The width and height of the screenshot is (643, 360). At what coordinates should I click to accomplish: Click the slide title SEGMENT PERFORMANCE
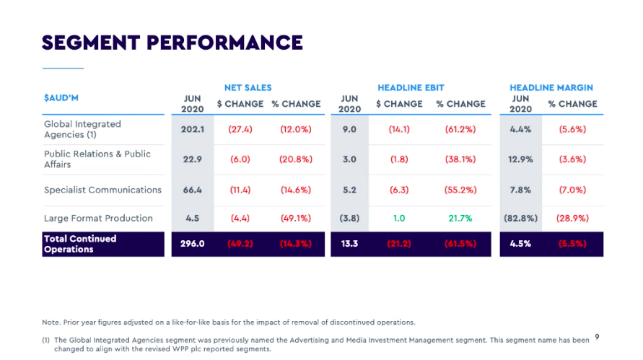coord(172,43)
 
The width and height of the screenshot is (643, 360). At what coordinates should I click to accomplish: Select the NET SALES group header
coord(248,88)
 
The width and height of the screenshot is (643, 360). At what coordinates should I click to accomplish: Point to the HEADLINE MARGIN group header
coord(551,88)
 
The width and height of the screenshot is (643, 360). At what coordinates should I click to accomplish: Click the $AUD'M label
coord(61,97)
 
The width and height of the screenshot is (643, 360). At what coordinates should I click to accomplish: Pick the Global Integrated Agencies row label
coord(82,129)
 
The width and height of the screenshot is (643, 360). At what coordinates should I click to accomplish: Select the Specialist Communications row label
coord(102,190)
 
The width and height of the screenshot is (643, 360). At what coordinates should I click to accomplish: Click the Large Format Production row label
coord(98,218)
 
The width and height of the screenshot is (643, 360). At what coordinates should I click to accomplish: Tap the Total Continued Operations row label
coord(79,244)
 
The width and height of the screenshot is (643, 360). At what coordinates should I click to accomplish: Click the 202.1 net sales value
coord(193,129)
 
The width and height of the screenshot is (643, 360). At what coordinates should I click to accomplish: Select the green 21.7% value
coord(460,218)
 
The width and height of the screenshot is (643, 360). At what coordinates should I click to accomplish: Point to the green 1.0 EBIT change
coord(398,218)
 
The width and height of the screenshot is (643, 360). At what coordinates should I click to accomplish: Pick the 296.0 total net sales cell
coord(193,244)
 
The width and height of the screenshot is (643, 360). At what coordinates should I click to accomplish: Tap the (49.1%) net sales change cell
coord(295,218)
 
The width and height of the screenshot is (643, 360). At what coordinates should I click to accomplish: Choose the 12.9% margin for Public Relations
coord(520,159)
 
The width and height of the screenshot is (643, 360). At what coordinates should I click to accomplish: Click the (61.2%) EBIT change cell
coord(460,129)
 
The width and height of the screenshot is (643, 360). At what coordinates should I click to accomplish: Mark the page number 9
coord(597,336)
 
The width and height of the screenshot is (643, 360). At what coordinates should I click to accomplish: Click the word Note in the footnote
coord(51,322)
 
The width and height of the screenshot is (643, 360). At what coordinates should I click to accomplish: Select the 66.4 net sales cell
coord(193,190)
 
